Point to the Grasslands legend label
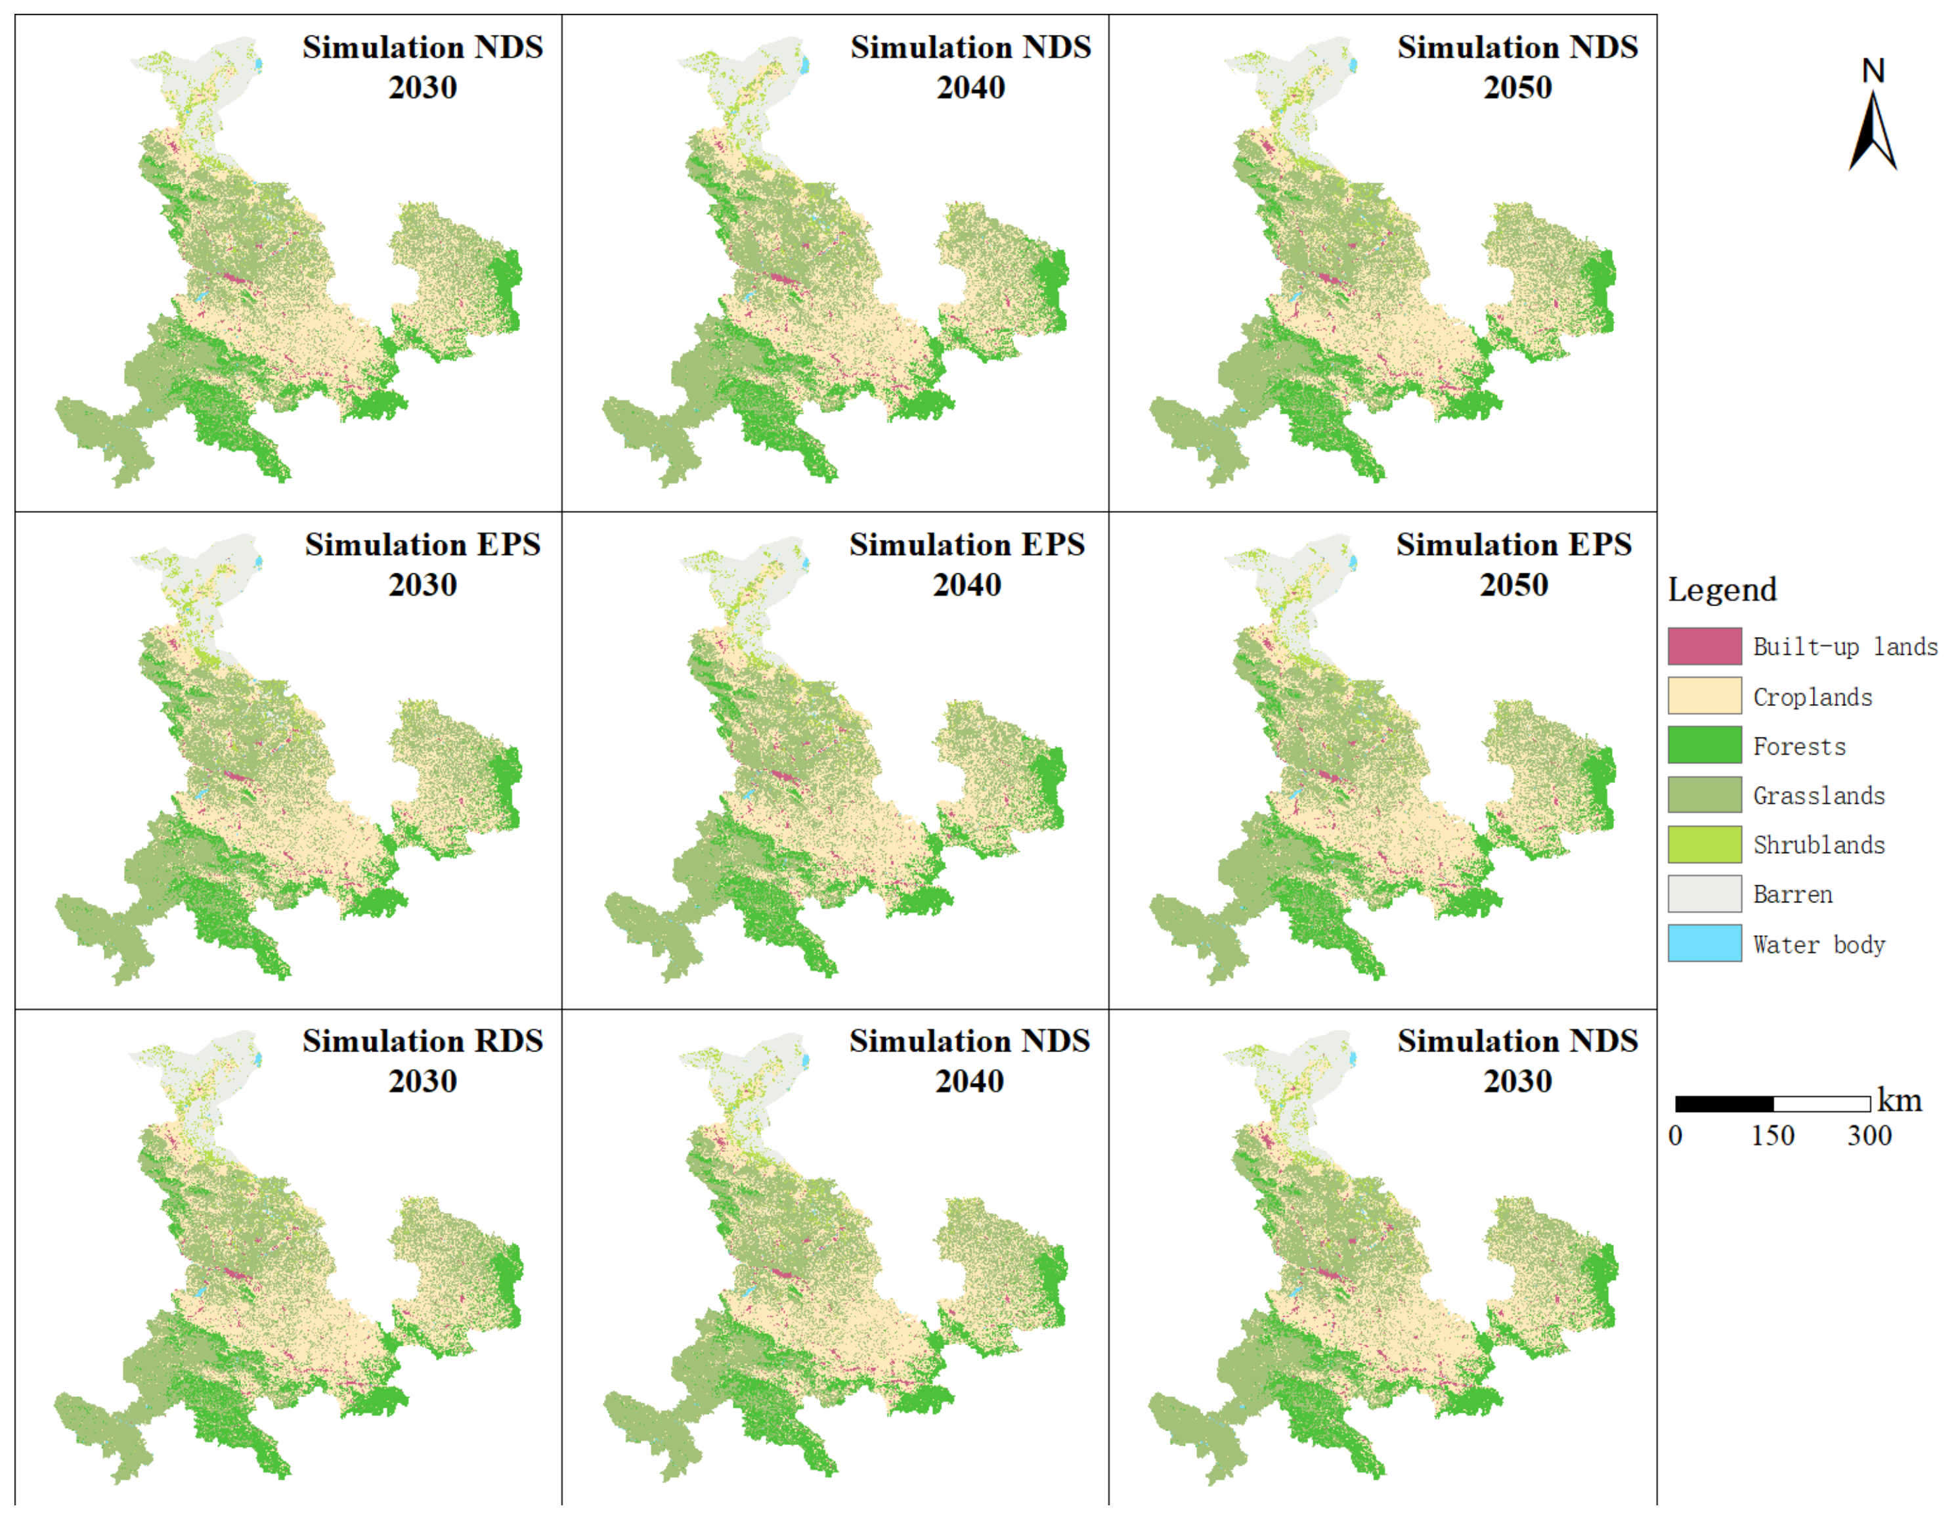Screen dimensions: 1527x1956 [x=1818, y=795]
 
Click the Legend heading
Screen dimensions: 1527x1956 [x=1722, y=589]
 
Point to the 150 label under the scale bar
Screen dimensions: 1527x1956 [x=1772, y=1136]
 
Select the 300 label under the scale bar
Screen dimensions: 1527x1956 [x=1869, y=1136]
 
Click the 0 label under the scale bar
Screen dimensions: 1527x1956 [x=1675, y=1136]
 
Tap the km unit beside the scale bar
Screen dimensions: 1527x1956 [x=1900, y=1100]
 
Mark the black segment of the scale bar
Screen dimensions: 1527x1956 [x=1724, y=1103]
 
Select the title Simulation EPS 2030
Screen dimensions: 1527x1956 [x=423, y=564]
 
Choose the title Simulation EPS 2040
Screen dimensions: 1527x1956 [x=967, y=564]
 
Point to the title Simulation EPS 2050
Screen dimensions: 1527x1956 [x=1513, y=564]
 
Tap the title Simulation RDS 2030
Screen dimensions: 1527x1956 [x=423, y=1061]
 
